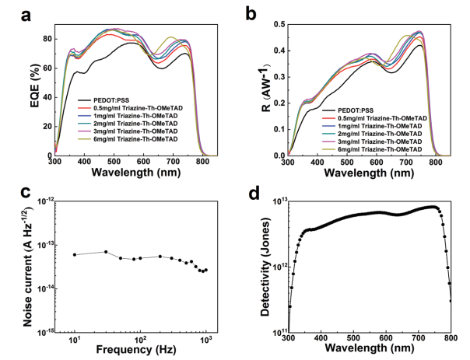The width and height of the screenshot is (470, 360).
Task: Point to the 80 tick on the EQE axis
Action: point(46,38)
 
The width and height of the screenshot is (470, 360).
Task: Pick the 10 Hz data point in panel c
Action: point(75,254)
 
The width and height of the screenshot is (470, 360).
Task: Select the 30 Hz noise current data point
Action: point(106,251)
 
